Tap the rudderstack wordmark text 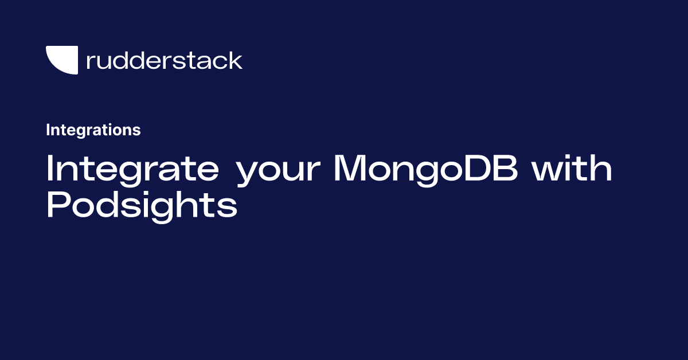165,60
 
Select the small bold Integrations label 93,130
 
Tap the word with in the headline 572,167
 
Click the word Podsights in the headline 142,206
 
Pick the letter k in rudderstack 235,60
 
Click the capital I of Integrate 49,167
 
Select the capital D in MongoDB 476,167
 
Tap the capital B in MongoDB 505,167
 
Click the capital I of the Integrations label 48,130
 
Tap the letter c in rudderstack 219,62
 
